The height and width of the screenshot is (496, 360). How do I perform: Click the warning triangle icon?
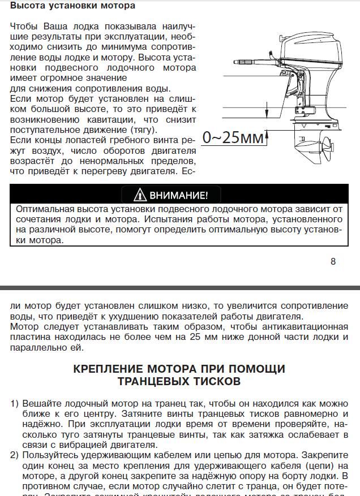tap(140, 196)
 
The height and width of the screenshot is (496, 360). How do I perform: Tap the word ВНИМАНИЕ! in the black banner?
tap(178, 196)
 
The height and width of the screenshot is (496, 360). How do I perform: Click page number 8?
tap(333, 261)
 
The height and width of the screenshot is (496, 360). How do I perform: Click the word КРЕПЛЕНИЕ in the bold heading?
tap(114, 369)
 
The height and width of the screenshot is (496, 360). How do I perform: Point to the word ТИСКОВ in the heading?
tap(216, 382)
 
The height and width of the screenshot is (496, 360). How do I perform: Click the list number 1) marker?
tap(15, 404)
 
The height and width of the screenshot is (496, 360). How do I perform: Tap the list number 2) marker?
tap(15, 454)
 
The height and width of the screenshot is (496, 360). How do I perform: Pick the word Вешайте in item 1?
tap(40, 404)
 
